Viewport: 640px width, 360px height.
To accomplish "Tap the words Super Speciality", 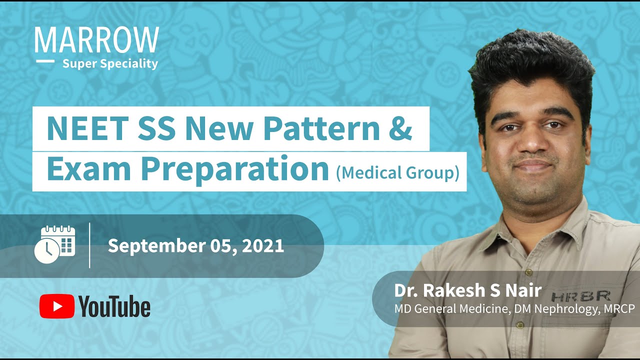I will click(x=110, y=63).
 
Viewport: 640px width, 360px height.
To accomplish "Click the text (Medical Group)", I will click(x=397, y=172).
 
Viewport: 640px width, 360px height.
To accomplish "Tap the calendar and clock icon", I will click(x=54, y=244).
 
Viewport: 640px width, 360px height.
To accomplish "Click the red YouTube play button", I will click(x=57, y=306).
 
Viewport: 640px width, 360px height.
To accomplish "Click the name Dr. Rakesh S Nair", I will click(x=468, y=290).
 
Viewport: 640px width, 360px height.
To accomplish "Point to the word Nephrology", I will click(x=566, y=309).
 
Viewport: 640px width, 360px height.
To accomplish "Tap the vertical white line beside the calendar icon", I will click(x=89, y=245).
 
